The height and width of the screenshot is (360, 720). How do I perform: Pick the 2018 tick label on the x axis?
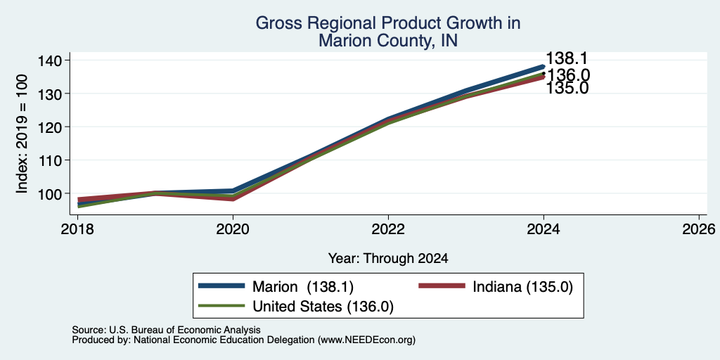point(77,229)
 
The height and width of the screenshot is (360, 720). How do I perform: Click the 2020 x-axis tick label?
point(233,229)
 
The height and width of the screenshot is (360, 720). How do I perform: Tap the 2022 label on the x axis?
point(388,229)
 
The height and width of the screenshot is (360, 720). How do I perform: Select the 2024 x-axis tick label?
point(544,229)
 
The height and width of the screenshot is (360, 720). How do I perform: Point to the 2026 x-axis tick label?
point(699,229)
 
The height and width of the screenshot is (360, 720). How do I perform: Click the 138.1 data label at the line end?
point(567,59)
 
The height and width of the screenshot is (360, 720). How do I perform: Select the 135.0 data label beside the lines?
point(567,88)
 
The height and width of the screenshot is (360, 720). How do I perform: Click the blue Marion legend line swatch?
point(221,285)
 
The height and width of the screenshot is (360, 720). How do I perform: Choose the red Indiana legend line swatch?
point(442,285)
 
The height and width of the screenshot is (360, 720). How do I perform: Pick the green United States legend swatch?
point(221,305)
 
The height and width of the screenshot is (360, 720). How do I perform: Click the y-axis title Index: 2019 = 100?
point(22,134)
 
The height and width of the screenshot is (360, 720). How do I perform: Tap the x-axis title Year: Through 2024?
point(388,258)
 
